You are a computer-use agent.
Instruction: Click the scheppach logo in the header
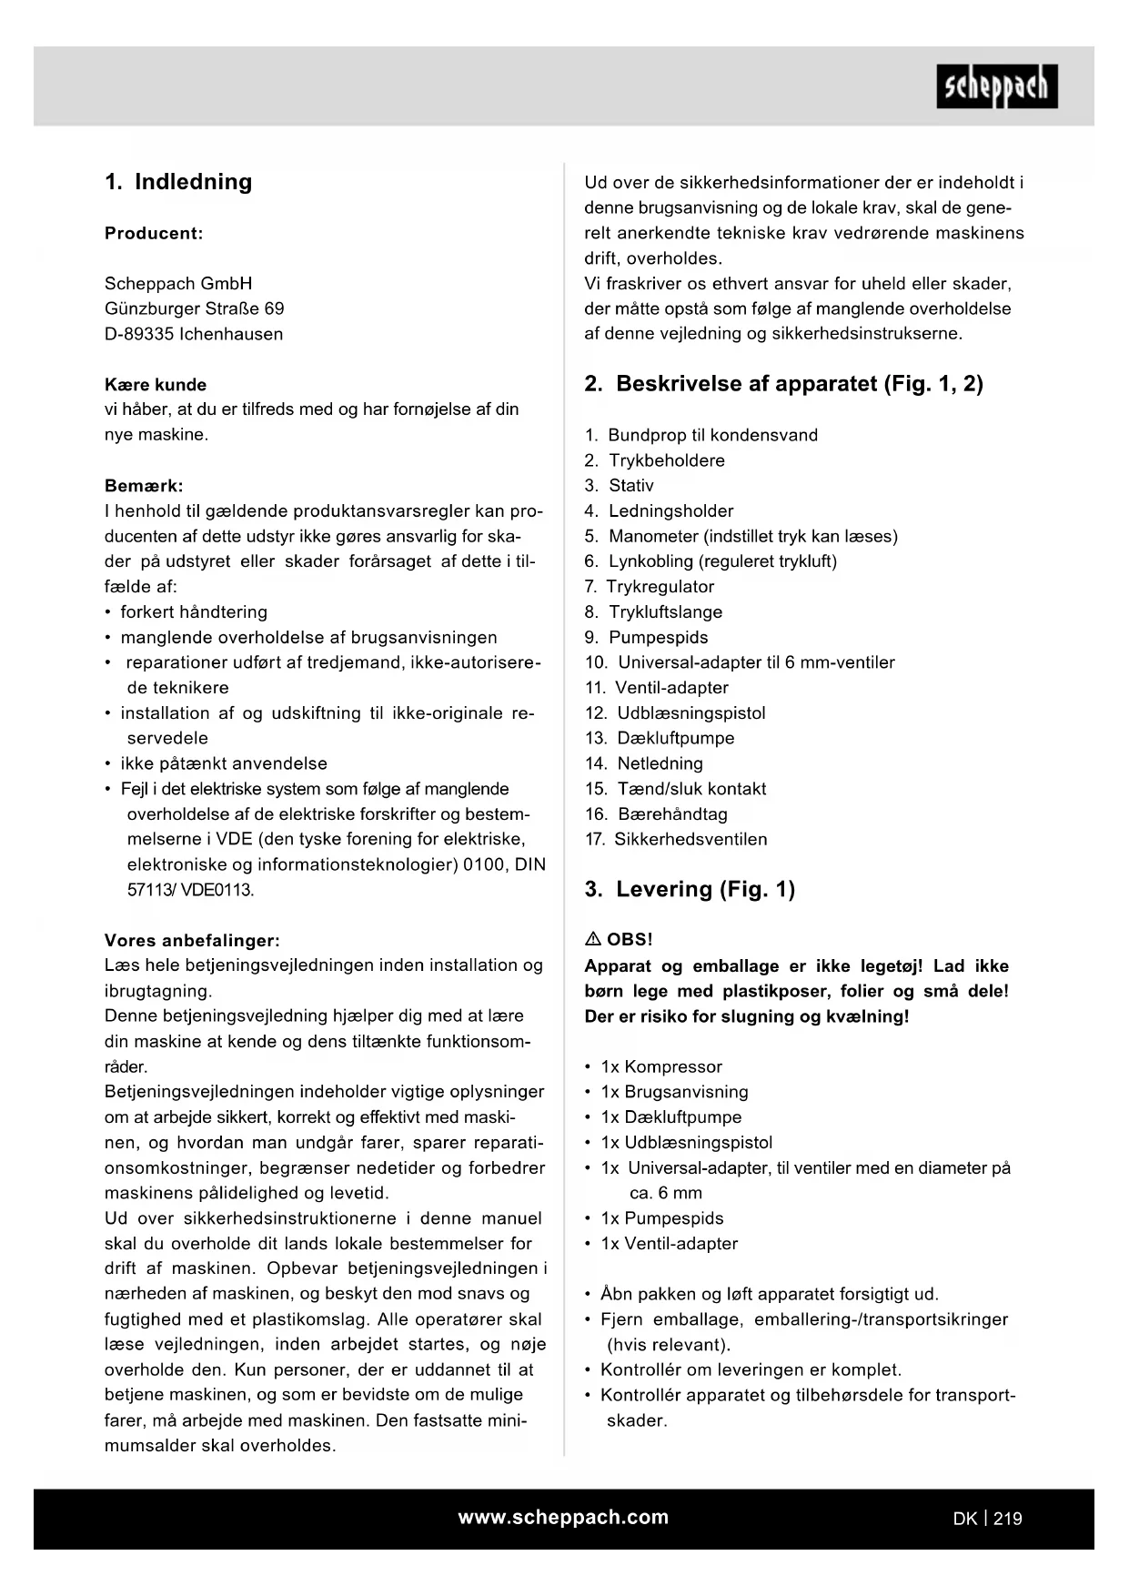tap(996, 86)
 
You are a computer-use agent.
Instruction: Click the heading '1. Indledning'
tap(178, 182)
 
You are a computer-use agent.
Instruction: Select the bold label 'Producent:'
tap(154, 233)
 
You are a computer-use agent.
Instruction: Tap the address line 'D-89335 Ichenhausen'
tap(194, 334)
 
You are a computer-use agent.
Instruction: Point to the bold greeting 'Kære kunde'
tap(156, 384)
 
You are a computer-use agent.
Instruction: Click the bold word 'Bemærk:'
tap(144, 486)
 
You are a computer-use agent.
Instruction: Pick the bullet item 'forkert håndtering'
tap(194, 612)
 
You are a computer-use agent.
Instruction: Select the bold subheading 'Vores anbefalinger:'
tap(192, 940)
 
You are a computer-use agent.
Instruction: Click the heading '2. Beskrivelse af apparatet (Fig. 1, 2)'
tap(783, 384)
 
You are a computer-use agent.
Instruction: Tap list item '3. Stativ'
tap(620, 486)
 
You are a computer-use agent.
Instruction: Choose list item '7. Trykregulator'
tap(650, 587)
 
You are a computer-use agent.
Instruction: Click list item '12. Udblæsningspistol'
tap(676, 713)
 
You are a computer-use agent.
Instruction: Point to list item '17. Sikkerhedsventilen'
tap(676, 840)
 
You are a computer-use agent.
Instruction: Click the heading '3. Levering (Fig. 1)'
tap(690, 890)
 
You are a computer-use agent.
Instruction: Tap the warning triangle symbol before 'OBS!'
tap(592, 939)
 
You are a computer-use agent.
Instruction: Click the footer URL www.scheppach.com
tap(563, 1517)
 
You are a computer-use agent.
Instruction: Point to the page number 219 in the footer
tap(1007, 1518)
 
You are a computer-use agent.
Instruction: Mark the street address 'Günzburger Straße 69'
tap(194, 308)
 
